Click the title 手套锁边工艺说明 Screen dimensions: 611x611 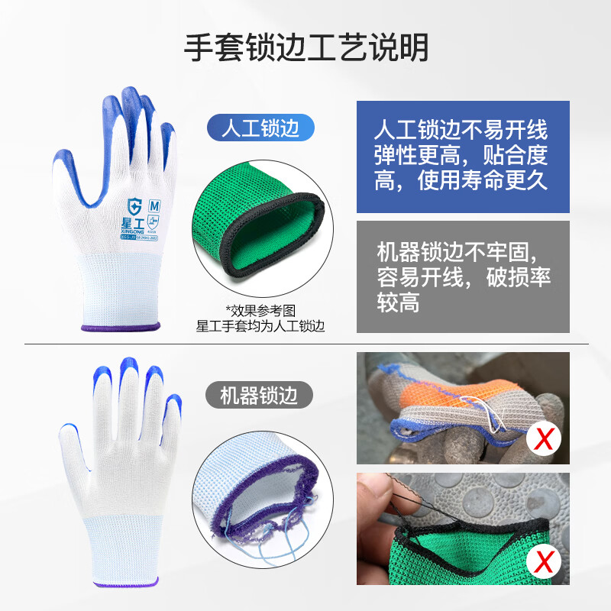[305, 47]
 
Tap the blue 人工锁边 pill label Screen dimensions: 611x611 [260, 128]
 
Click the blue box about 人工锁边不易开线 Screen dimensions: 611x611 [463, 156]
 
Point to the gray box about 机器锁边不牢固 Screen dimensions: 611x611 [463, 276]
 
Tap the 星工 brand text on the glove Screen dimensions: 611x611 [137, 224]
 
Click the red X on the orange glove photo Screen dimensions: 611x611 [545, 438]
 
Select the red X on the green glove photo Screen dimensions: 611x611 [545, 563]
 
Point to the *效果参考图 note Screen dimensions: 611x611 [260, 310]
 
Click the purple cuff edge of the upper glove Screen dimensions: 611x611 [121, 328]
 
